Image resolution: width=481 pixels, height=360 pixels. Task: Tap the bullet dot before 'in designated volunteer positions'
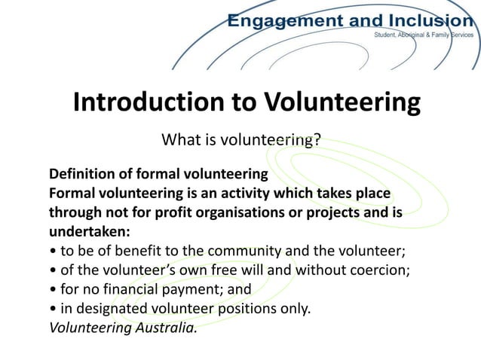(x=52, y=309)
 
